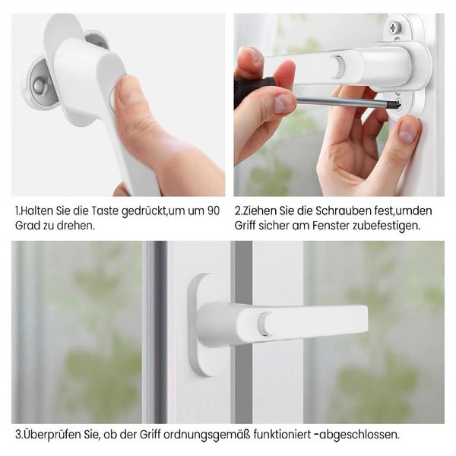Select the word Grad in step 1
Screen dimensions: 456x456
coord(27,226)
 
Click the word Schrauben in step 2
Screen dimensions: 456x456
coord(320,210)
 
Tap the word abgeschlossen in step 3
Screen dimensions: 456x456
coord(362,435)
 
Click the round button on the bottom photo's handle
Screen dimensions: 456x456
coord(263,323)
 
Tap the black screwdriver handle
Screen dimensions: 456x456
coord(251,87)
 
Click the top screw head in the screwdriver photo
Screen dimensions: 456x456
coord(396,28)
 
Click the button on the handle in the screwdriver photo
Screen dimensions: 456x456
coord(337,67)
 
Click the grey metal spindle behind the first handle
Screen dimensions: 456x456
coord(40,85)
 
